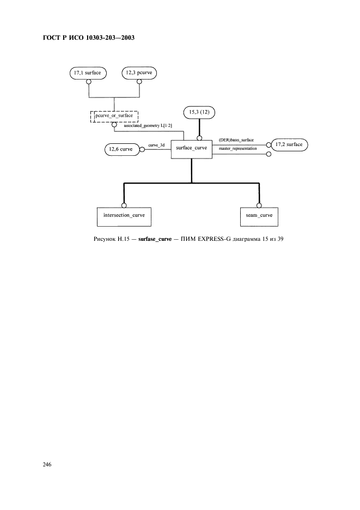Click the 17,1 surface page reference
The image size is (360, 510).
coord(88,73)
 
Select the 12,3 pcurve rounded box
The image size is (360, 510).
coord(139,73)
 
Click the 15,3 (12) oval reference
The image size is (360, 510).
coord(199,113)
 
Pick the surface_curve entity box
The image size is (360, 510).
coord(192,150)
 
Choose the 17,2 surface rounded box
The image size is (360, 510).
coord(289,145)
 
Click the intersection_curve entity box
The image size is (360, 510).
coord(124,217)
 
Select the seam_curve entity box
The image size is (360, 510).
coord(259,217)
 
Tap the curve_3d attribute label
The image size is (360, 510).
coord(156,145)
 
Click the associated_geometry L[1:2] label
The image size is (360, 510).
coord(148,125)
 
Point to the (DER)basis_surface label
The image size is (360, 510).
coord(236,140)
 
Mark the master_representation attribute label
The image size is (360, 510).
coord(237,149)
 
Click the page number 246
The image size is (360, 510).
coord(47,464)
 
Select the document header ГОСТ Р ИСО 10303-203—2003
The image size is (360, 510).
coord(89,38)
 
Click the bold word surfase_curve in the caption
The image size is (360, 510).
coord(155,239)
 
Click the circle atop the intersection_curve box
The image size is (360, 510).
coord(124,205)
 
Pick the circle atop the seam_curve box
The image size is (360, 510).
coord(259,205)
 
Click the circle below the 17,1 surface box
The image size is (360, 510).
coord(88,81)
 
